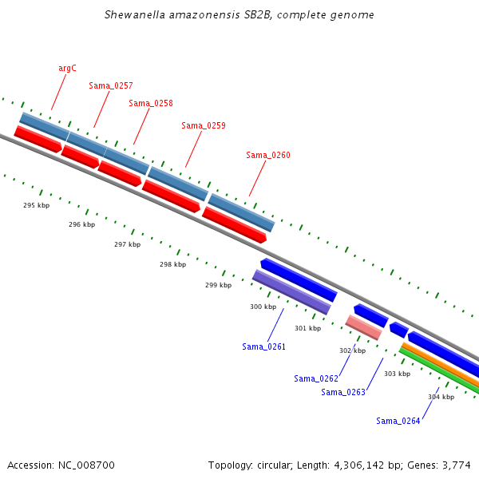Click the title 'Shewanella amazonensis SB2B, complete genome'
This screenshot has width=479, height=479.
coord(239,15)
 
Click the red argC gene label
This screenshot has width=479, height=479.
coord(67,69)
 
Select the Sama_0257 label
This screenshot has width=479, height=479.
coord(111,85)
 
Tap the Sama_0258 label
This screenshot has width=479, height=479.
coord(151,103)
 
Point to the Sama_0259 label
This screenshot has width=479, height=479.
coord(204,125)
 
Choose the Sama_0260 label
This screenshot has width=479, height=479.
coord(268,155)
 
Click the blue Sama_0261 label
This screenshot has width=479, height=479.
coord(263,346)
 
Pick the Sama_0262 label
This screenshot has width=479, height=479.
coord(316,378)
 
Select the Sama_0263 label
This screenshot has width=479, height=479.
coord(343,392)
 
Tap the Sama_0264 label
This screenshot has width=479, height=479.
coord(398,421)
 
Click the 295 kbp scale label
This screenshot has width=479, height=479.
coord(36,205)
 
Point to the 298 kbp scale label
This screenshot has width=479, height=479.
coord(172,264)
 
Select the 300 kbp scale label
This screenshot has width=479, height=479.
coord(263,307)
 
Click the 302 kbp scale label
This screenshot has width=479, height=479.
coord(352,350)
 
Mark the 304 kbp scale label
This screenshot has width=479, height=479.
coord(441,397)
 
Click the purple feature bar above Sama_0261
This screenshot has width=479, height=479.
coord(291,291)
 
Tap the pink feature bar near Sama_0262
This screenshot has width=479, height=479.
coord(363,327)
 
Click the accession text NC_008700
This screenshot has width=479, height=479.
coord(88,465)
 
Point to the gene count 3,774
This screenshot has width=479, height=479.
coord(456,465)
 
